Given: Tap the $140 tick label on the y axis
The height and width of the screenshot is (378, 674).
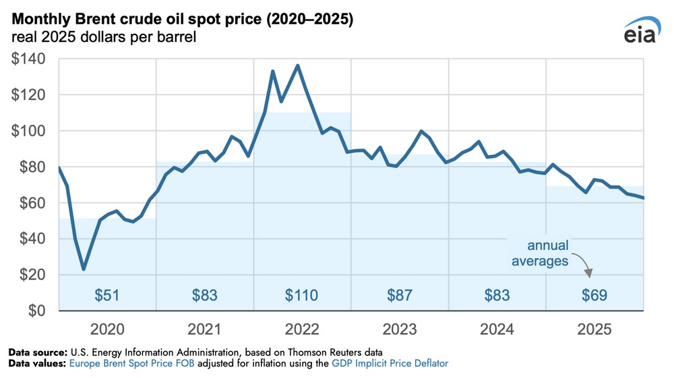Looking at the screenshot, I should (28, 59).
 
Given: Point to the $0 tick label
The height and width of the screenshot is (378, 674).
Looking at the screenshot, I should (36, 310).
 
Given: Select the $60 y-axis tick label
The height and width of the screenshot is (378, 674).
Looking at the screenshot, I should (31, 203).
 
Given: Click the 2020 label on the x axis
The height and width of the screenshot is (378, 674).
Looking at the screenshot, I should (108, 330).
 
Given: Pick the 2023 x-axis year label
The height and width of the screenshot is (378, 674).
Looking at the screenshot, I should (400, 330).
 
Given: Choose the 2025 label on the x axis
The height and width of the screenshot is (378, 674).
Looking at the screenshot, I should (594, 330).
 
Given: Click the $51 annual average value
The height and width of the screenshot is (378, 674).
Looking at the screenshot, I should (107, 295).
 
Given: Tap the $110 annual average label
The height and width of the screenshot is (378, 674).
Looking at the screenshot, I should (302, 295).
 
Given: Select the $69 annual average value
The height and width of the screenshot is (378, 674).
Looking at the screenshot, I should (594, 295).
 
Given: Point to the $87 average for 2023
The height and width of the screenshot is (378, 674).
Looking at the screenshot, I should (400, 295).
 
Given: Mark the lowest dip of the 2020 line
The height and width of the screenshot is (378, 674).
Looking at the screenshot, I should (84, 269).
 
